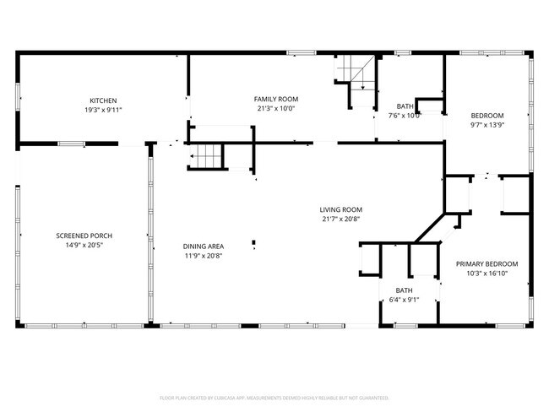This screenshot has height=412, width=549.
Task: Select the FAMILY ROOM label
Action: pos(276,99)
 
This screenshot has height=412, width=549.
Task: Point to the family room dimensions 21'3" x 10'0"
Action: pos(276,108)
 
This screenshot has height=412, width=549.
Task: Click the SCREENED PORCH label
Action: pos(84,236)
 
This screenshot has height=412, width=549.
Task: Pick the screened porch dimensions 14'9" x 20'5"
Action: pos(84,246)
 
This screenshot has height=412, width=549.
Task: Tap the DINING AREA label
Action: pos(204,246)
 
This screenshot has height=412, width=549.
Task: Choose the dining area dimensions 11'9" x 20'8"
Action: pos(204,256)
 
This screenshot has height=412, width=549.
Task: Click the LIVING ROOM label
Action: pos(340,209)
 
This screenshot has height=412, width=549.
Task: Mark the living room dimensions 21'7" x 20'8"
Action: pos(340,220)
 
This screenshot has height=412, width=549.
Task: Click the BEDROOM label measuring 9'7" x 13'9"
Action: pos(486,116)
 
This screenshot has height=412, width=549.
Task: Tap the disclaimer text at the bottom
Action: pos(274,396)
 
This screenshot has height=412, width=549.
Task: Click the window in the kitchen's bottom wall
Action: pos(70,144)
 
